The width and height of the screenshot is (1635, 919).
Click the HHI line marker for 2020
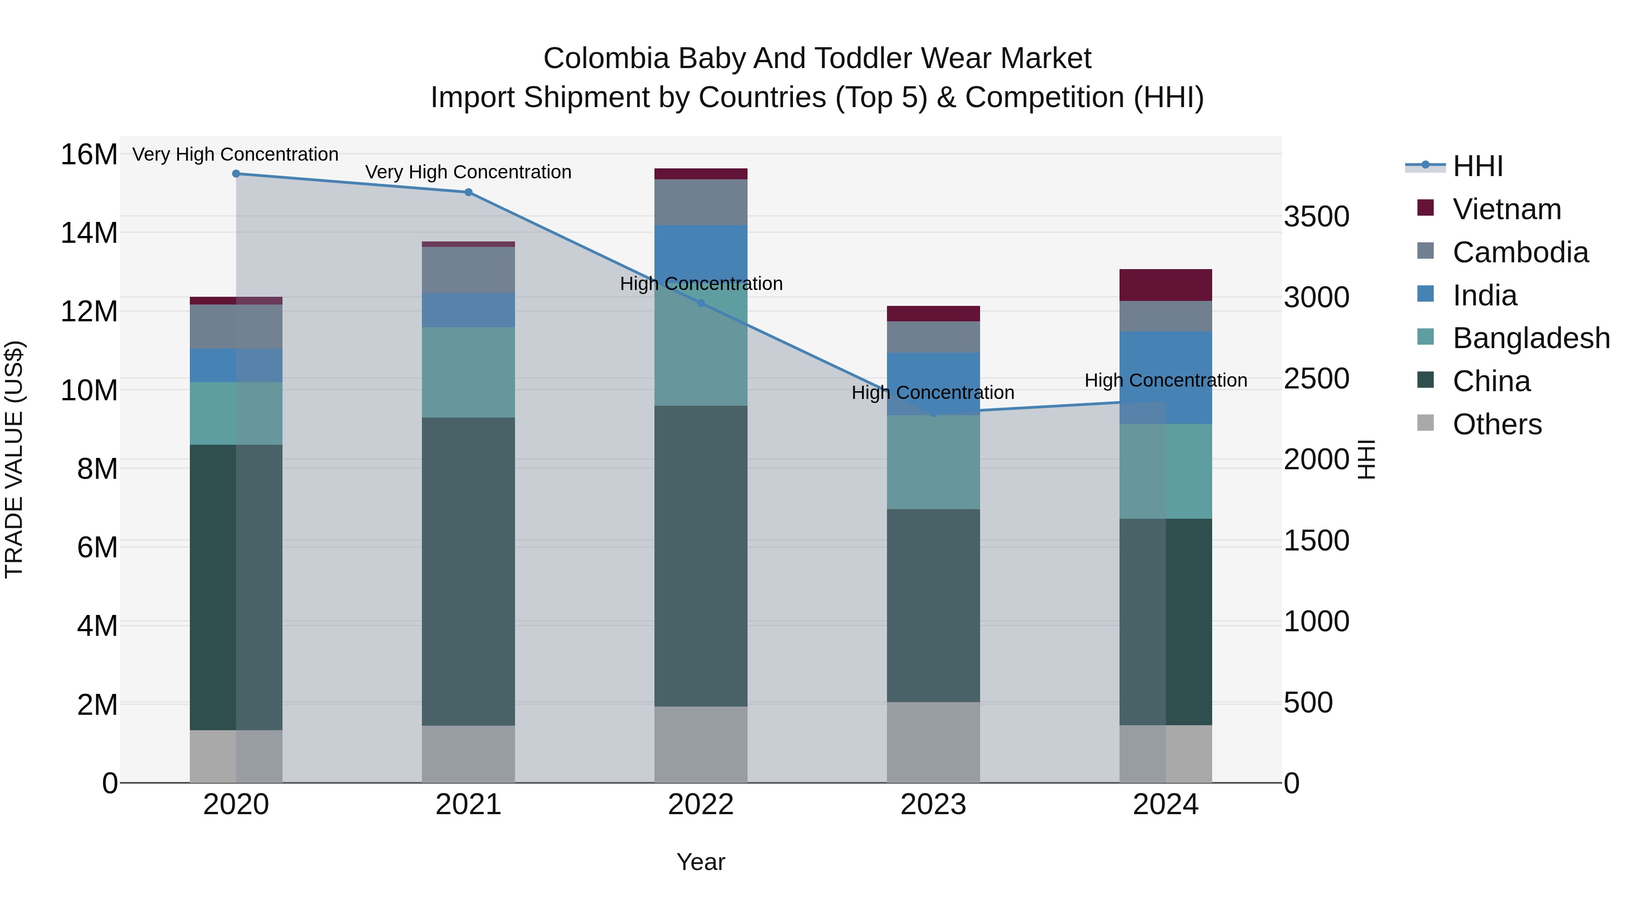point(236,174)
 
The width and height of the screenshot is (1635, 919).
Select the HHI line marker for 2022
point(701,303)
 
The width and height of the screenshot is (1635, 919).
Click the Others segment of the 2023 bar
point(933,742)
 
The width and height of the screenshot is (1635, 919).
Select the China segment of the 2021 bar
point(468,571)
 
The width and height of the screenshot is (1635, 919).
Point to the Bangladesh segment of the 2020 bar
point(236,413)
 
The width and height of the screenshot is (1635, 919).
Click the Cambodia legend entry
point(1520,252)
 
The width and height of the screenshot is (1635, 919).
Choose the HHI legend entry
point(1477,166)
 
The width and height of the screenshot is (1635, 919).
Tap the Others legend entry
point(1496,424)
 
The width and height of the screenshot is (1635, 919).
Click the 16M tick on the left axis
point(89,155)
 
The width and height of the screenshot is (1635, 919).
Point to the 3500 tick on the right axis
point(1316,217)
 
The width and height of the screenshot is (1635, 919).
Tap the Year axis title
point(701,862)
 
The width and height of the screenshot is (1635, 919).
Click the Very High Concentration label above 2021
point(468,172)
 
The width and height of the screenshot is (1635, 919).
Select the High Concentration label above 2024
point(1165,381)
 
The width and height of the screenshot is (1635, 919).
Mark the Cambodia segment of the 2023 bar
point(933,337)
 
